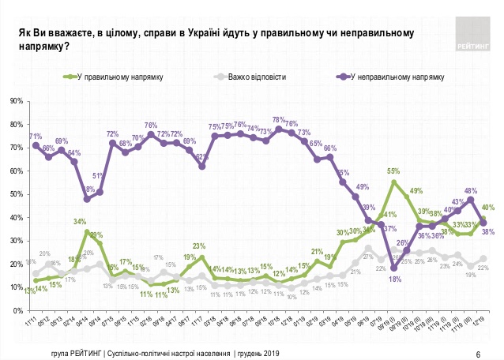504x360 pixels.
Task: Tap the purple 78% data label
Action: (x=278, y=120)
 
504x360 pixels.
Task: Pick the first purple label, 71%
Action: (x=36, y=137)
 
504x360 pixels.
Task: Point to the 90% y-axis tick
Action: (x=16, y=101)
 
